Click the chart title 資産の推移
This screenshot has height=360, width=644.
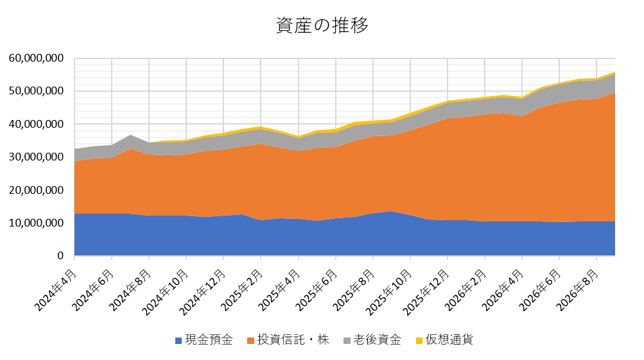click(x=322, y=26)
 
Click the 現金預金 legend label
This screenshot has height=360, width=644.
click(x=209, y=340)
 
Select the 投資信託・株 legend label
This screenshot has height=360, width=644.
click(x=293, y=340)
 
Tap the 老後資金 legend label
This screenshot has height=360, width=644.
click(x=378, y=340)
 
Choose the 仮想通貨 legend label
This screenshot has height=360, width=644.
click(x=449, y=340)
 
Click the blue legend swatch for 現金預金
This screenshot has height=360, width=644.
click(x=178, y=340)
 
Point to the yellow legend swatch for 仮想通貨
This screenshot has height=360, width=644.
click(x=419, y=340)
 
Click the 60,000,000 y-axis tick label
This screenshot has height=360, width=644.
click(x=36, y=58)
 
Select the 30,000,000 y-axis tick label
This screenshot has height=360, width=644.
click(x=36, y=157)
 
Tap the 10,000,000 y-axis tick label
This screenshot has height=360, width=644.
click(x=36, y=223)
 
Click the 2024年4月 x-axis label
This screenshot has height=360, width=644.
click(x=56, y=290)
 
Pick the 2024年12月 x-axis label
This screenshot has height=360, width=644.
click(x=203, y=292)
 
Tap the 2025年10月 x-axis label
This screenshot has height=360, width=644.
click(x=389, y=292)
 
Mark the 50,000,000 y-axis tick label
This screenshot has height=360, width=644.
click(x=36, y=90)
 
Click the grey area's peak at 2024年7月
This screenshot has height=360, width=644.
click(x=130, y=135)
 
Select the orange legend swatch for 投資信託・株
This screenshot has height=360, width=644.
click(x=250, y=340)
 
